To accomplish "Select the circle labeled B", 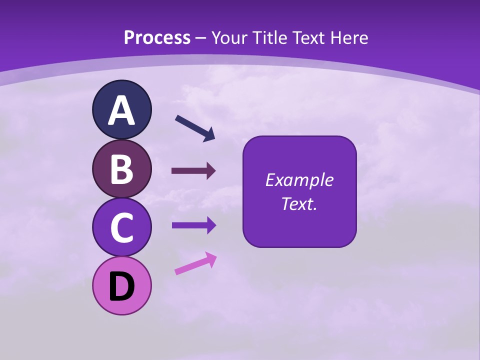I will (121, 169).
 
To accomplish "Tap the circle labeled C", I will (121, 227).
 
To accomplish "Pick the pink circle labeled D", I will (121, 285).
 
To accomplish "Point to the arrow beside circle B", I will (193, 171).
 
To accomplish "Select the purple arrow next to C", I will (193, 225).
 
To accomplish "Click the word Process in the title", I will (157, 37).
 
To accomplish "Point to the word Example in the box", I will (299, 180).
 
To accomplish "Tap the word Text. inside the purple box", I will (299, 203).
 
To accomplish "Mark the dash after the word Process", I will (200, 38).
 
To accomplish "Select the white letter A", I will (121, 110).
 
